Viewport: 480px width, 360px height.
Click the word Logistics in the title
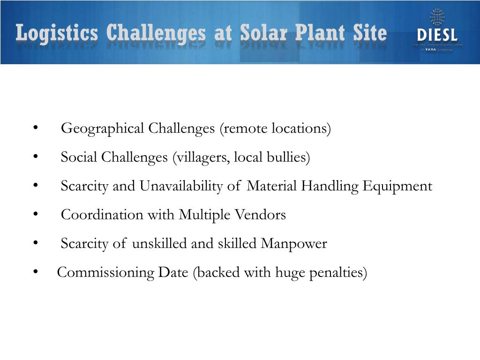coord(57,34)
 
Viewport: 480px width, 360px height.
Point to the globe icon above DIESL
coord(437,17)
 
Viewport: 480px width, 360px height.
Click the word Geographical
coord(103,128)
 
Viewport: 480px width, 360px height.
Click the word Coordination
coord(103,215)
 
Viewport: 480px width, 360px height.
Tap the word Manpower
coord(294,244)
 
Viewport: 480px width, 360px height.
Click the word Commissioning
coord(105,273)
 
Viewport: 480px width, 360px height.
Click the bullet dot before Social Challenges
coord(36,157)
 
